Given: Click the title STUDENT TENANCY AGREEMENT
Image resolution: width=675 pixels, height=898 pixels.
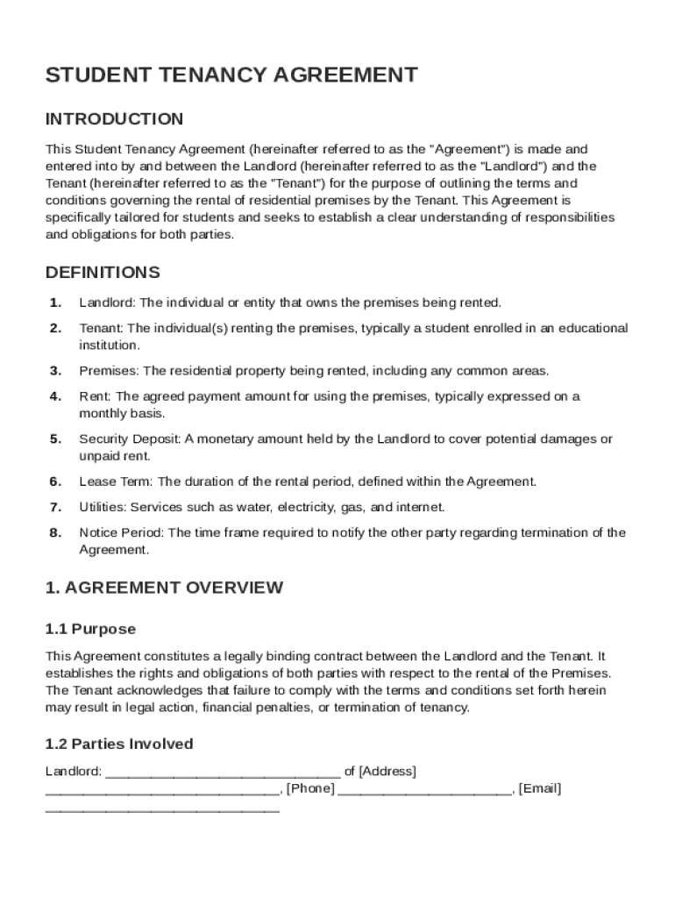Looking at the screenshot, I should (231, 75).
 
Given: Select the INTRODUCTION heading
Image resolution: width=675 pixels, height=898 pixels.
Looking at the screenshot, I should (114, 119).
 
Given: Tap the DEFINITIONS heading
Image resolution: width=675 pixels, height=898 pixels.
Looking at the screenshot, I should (103, 273).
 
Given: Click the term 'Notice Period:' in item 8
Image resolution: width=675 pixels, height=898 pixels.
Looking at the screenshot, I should (121, 532).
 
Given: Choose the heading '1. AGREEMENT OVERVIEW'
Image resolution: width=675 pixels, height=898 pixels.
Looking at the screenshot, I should (164, 588).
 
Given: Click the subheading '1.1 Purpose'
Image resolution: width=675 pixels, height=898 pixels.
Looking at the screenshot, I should (90, 630).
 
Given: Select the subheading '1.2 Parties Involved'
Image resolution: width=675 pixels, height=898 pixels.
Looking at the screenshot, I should (119, 745).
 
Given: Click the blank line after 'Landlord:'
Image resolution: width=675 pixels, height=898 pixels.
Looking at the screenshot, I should (223, 773).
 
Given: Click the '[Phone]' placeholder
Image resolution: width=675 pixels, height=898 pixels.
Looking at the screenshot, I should (310, 788).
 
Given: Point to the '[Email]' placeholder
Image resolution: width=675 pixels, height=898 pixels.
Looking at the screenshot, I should (540, 788).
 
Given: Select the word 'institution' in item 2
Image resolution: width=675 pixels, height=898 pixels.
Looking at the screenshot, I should (107, 346).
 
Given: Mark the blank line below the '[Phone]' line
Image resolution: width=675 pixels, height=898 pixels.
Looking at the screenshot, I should (162, 807).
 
